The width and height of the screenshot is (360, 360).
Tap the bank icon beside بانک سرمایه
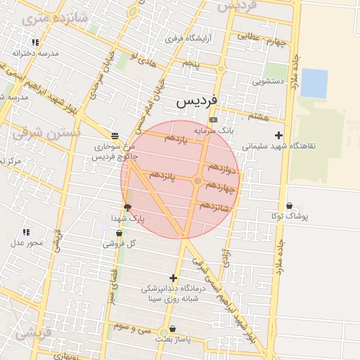click(x=214, y=120)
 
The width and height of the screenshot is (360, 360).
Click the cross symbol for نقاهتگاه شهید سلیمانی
click(x=279, y=135)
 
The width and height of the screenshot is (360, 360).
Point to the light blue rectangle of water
click(x=314, y=83)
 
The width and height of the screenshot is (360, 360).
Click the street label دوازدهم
click(x=221, y=169)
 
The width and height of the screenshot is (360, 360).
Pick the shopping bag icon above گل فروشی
click(x=118, y=233)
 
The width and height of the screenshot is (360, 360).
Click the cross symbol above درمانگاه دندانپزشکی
click(x=173, y=278)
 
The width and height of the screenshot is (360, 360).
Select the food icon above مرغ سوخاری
click(x=115, y=135)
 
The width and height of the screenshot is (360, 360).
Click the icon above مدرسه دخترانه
click(x=35, y=43)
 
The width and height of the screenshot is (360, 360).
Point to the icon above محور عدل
click(x=26, y=232)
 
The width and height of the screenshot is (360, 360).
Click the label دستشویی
click(x=268, y=82)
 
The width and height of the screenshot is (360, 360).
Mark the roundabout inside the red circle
click(x=198, y=181)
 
